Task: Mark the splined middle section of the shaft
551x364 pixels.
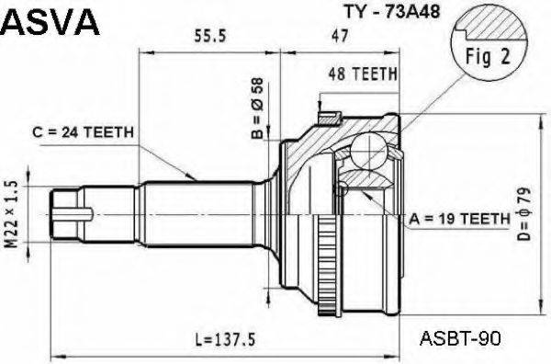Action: point(197,211)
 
